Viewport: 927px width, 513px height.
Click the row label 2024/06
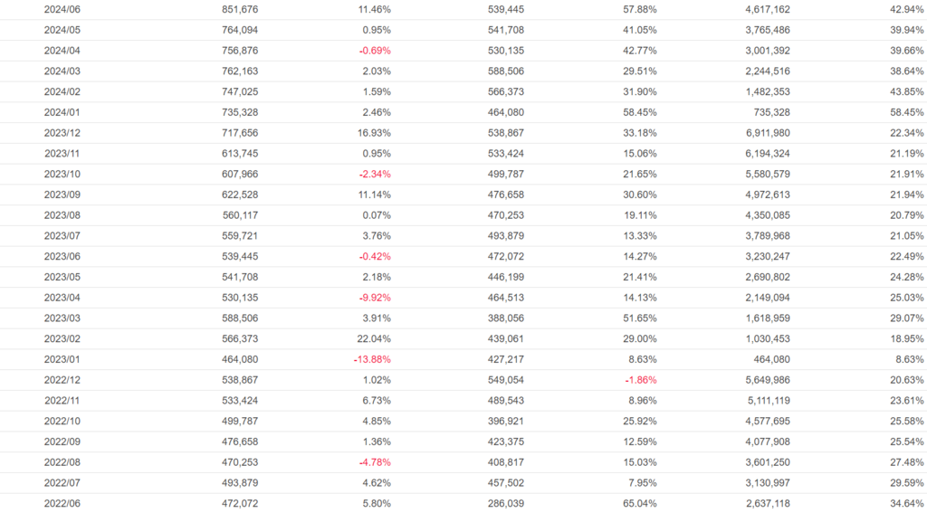coord(62,9)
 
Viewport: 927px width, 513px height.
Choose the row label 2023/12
coord(62,133)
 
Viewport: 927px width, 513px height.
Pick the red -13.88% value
coord(372,359)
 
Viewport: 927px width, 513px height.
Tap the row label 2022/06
coord(62,503)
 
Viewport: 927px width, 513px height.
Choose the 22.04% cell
coord(372,338)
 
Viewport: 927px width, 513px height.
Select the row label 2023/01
coord(62,359)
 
